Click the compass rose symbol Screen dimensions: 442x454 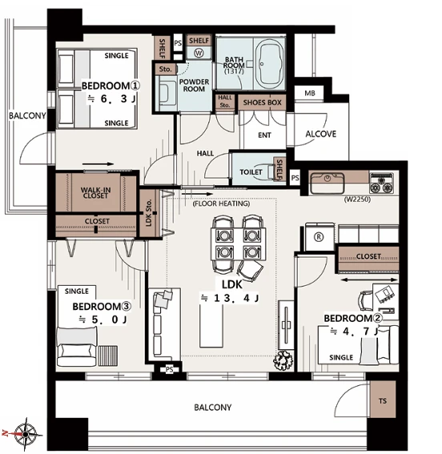pos(26,434)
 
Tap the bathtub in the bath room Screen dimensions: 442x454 pos(270,62)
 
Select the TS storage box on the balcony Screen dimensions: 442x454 pos(383,400)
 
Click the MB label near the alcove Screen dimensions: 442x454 pos(310,93)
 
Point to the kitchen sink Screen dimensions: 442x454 pos(327,183)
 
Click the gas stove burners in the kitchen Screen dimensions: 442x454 pos(381,183)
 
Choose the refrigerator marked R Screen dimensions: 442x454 pos(319,237)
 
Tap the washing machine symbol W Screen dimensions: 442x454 pos(199,53)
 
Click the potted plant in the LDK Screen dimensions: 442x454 pos(283,360)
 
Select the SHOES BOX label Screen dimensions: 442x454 pos(263,102)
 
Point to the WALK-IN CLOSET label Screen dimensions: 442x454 pos(95,192)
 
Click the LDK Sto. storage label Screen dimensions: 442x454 pos(149,212)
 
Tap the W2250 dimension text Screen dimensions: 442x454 pos(357,199)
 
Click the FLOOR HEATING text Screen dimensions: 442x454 pos(221,203)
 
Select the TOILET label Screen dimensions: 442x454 pos(251,172)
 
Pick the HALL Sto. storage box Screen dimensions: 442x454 pos(225,102)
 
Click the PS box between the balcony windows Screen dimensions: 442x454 pos(170,370)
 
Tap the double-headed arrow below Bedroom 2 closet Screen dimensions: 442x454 pos(369,279)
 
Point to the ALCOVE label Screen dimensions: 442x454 pos(321,134)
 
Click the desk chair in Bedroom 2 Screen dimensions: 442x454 pos(365,300)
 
